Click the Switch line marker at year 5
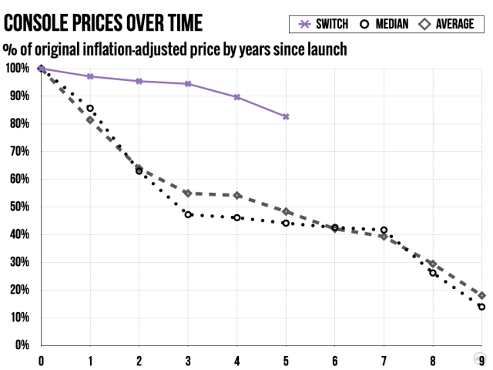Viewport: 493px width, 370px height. (x=286, y=116)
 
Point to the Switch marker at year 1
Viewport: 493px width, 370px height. (x=90, y=76)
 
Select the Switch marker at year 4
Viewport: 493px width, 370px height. (x=236, y=97)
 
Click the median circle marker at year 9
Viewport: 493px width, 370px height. (x=481, y=307)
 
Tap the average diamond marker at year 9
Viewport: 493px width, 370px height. (x=481, y=295)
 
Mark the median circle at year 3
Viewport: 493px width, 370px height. (x=188, y=214)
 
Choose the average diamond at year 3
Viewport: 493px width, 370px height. (x=188, y=193)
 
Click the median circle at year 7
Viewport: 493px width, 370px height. (x=384, y=230)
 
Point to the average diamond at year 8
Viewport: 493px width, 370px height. (x=433, y=264)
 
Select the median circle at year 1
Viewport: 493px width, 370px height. (x=90, y=109)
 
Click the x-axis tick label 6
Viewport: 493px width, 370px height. (x=334, y=360)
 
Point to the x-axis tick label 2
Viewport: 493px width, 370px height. (x=139, y=360)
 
